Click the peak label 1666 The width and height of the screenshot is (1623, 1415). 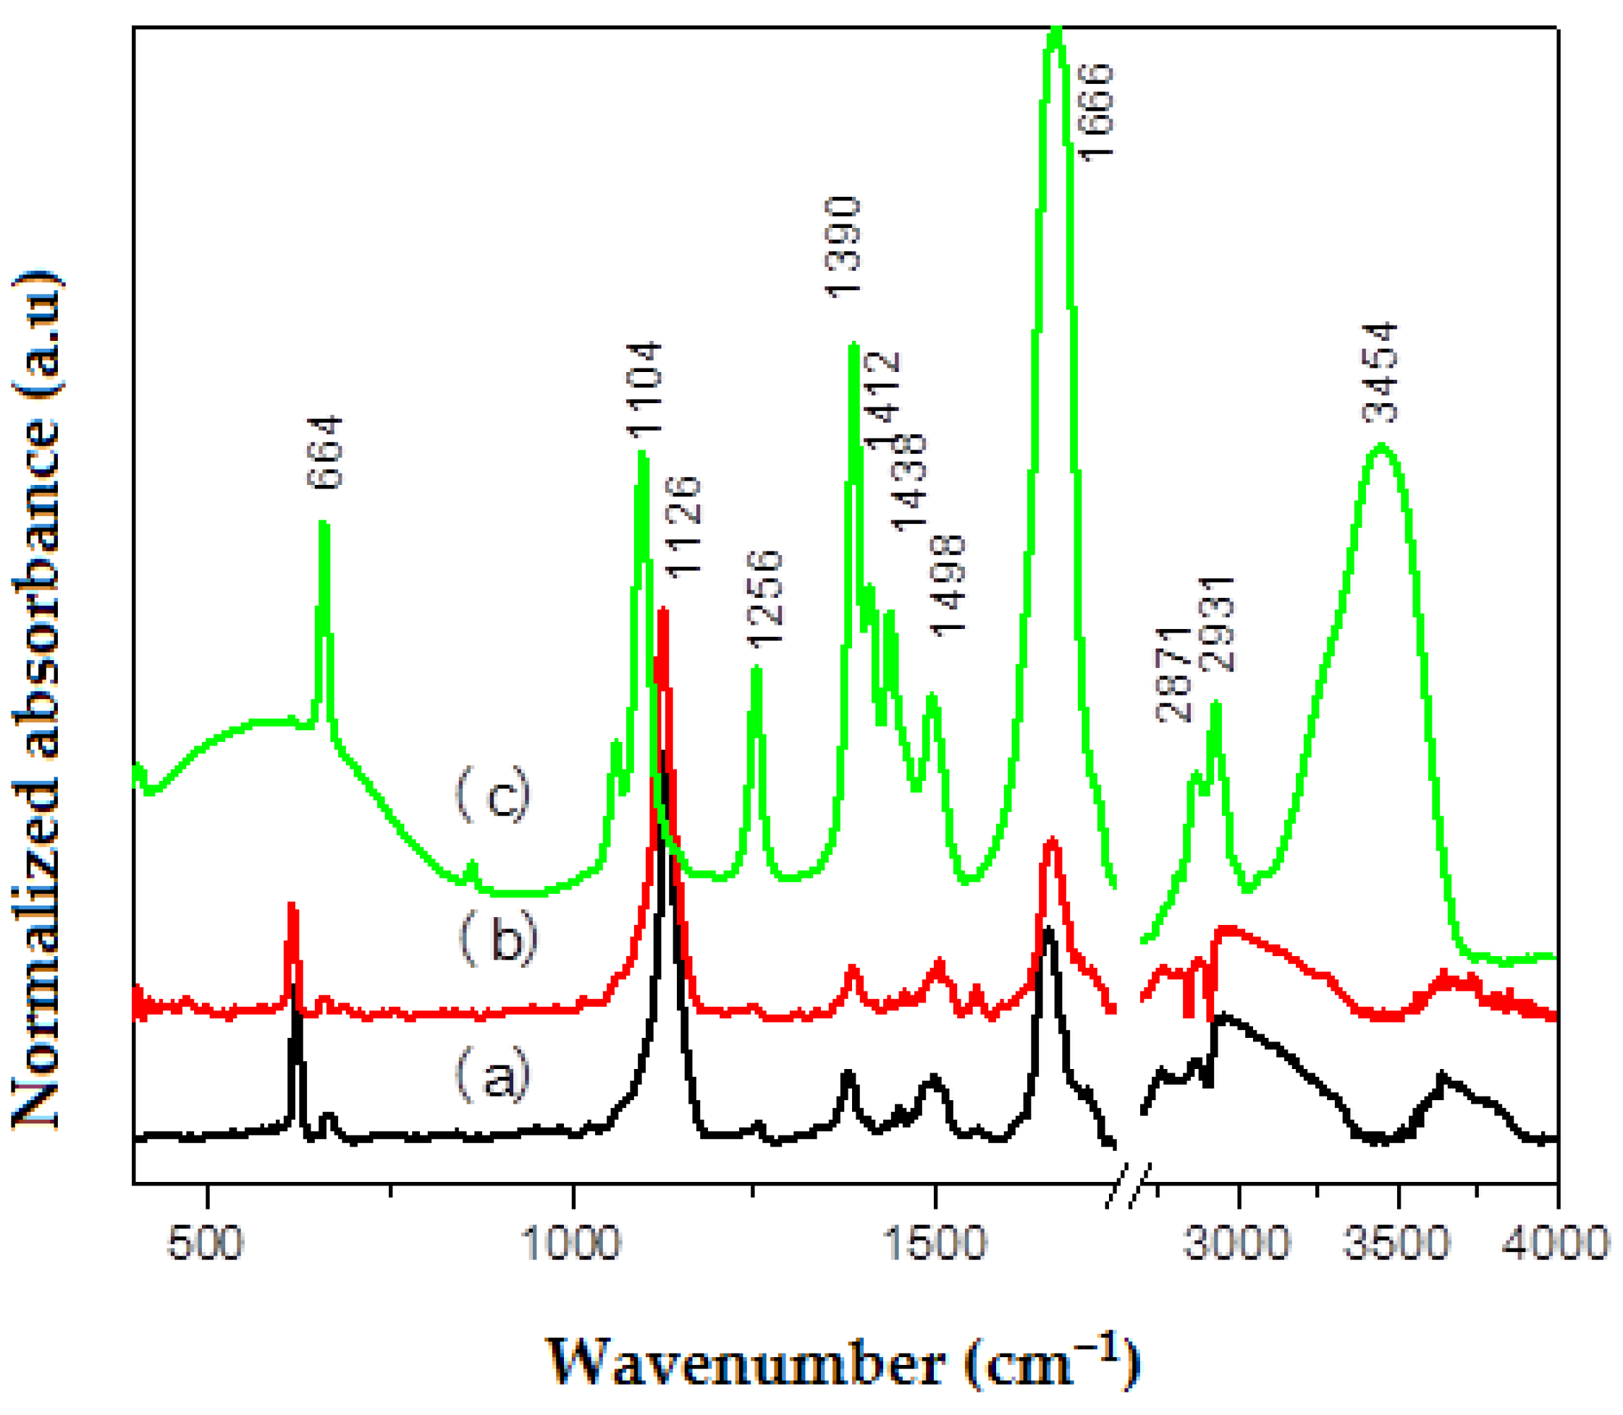pyautogui.click(x=1095, y=112)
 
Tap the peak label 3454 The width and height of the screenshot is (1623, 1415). pyautogui.click(x=1381, y=373)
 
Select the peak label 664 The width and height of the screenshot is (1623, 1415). pyautogui.click(x=325, y=452)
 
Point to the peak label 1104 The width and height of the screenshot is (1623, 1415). pyautogui.click(x=644, y=389)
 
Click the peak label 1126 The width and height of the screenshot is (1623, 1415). pyautogui.click(x=683, y=526)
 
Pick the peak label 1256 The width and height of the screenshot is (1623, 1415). pyautogui.click(x=764, y=599)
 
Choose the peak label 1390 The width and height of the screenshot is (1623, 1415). pyautogui.click(x=843, y=247)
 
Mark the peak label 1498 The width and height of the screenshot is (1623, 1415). pyautogui.click(x=948, y=584)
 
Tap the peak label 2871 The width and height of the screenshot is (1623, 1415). pyautogui.click(x=1173, y=675)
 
